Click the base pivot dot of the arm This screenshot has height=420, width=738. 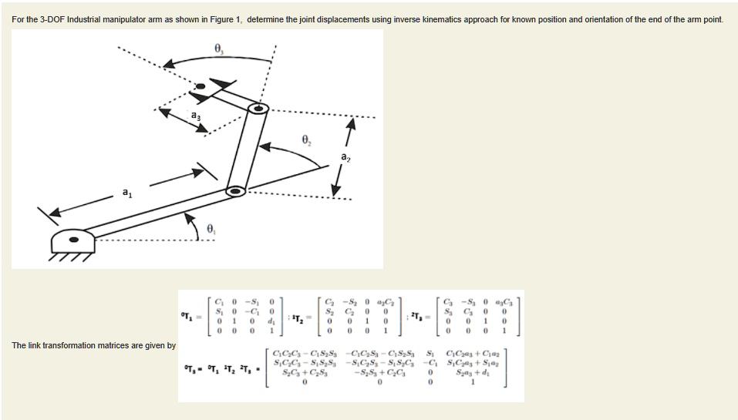[x=74, y=239]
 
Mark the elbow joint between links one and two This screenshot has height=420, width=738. [x=236, y=190]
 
